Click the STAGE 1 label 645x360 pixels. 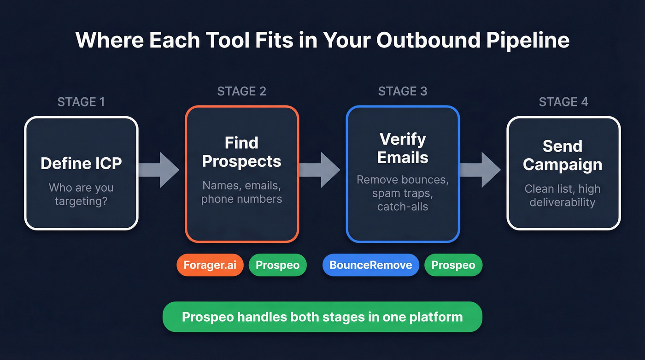[81, 101]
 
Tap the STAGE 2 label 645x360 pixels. [241, 91]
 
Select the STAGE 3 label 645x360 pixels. [403, 91]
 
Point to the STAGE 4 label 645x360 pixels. [563, 101]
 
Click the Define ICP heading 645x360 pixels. [81, 163]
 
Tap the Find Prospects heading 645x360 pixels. [241, 152]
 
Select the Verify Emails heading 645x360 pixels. [403, 148]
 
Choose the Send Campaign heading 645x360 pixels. [563, 155]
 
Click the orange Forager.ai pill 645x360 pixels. [210, 265]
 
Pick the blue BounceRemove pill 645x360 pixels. [370, 265]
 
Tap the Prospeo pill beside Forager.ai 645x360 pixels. [277, 265]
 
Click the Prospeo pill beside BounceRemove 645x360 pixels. [453, 265]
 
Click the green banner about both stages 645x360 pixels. [322, 317]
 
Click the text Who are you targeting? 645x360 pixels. [81, 194]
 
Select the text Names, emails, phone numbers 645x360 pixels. [241, 192]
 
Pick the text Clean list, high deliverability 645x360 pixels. [563, 195]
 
